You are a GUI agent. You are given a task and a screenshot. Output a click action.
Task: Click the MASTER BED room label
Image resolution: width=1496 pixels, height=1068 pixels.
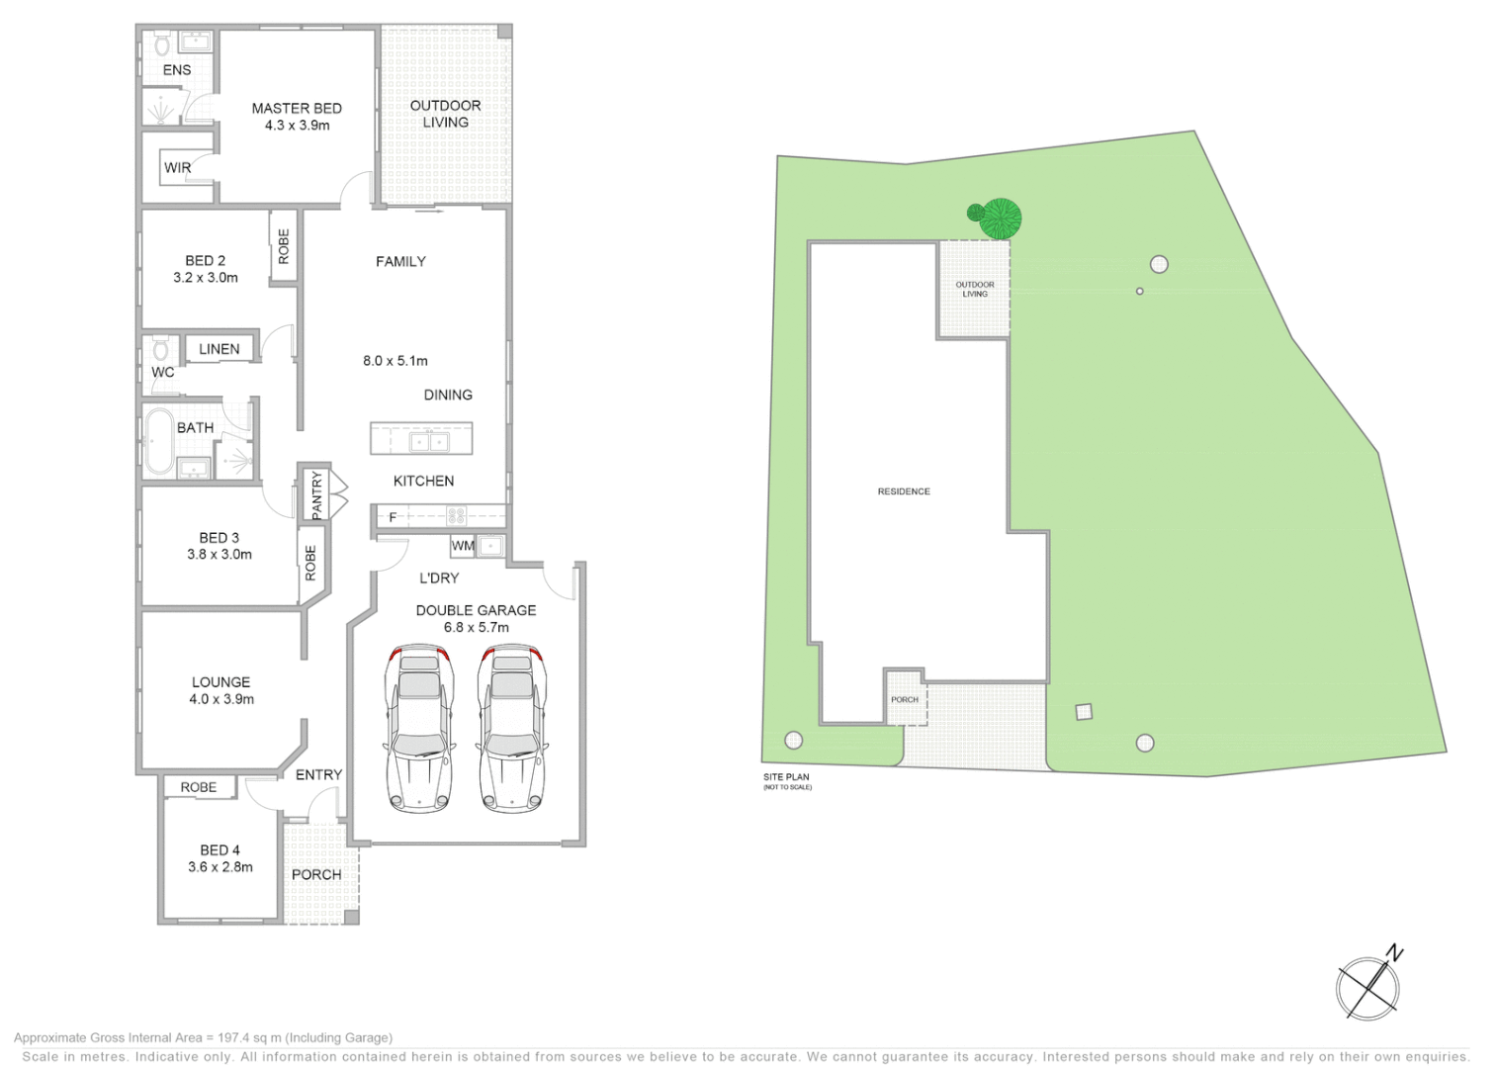[x=297, y=109]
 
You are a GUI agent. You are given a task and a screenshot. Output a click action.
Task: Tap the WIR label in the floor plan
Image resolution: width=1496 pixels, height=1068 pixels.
[x=178, y=168]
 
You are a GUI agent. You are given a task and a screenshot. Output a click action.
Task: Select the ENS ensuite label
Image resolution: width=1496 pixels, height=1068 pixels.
[x=177, y=70]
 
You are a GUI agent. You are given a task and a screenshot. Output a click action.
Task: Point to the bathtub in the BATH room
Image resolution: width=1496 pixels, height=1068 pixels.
[x=158, y=441]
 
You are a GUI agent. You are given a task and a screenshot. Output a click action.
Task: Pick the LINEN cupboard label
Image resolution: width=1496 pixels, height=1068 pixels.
[x=219, y=349]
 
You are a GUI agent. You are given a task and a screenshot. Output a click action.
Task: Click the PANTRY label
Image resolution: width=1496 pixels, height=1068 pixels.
[x=316, y=493]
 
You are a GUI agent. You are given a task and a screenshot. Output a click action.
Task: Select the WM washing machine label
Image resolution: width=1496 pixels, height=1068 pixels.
[x=463, y=546]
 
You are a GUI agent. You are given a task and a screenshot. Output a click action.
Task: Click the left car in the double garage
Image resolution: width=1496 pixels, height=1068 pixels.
[x=418, y=730]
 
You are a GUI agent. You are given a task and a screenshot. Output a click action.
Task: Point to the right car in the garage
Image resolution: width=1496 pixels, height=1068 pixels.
[x=511, y=730]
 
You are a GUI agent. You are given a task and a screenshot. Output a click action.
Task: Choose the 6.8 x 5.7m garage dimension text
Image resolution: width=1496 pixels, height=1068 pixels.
[x=476, y=627]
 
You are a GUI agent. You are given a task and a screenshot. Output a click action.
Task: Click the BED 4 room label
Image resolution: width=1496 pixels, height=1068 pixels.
[x=220, y=850]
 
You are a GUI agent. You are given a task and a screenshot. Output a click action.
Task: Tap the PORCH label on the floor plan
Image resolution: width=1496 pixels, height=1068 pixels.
[x=316, y=875]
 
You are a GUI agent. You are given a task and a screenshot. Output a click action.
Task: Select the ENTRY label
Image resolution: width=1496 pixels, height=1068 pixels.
[x=318, y=775]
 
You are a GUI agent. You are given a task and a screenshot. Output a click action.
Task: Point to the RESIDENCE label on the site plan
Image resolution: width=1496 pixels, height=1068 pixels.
[x=904, y=491]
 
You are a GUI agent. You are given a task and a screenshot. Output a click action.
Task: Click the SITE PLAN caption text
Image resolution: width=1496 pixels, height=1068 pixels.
[x=786, y=777]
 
